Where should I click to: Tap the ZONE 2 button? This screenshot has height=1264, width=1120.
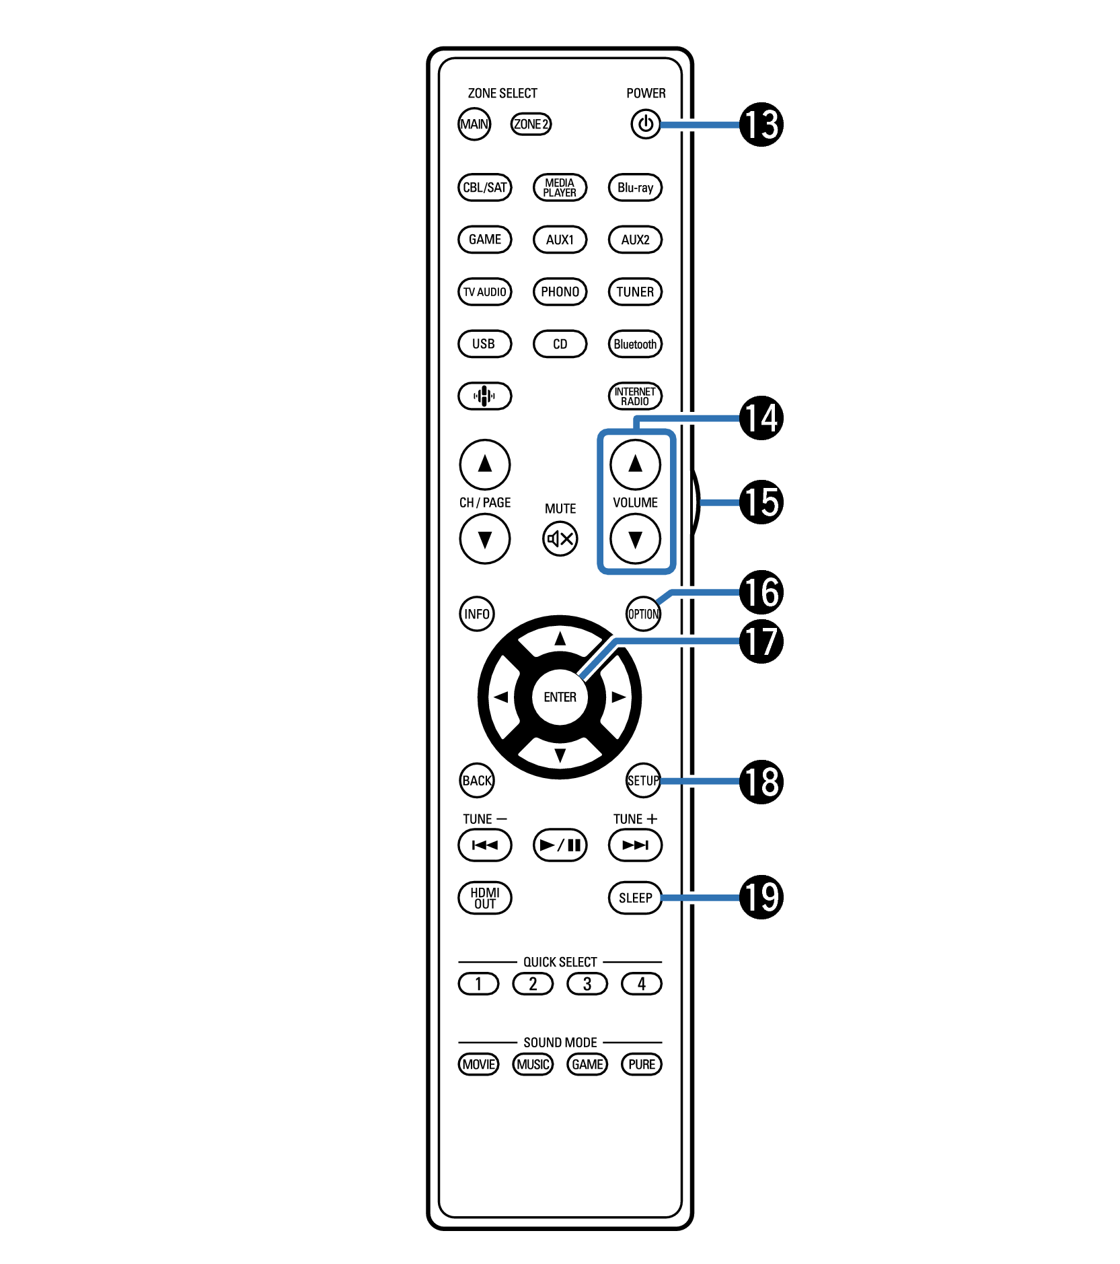pyautogui.click(x=531, y=124)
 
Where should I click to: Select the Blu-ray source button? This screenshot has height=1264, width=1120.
pyautogui.click(x=635, y=187)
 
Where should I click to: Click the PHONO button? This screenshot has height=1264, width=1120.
pyautogui.click(x=560, y=291)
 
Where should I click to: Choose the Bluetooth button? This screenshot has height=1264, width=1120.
pyautogui.click(x=635, y=344)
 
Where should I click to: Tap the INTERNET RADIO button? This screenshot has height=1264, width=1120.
pyautogui.click(x=635, y=396)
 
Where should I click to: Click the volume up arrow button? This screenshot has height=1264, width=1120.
pyautogui.click(x=635, y=464)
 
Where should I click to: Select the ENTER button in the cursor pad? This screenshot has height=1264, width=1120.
pyautogui.click(x=560, y=697)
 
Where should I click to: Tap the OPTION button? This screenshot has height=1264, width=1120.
pyautogui.click(x=643, y=614)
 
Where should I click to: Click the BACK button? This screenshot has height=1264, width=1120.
pyautogui.click(x=477, y=780)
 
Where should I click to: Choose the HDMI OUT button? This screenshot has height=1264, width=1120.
pyautogui.click(x=484, y=898)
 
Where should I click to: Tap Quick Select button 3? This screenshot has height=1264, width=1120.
pyautogui.click(x=587, y=984)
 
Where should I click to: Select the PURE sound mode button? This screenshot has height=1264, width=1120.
pyautogui.click(x=642, y=1064)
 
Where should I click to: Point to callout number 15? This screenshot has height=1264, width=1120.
pyautogui.click(x=761, y=502)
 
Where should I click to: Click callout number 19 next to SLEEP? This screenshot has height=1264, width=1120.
pyautogui.click(x=761, y=897)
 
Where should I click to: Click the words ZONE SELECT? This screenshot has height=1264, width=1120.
pyautogui.click(x=502, y=93)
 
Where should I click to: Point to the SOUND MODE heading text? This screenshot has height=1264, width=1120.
pyautogui.click(x=560, y=1042)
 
